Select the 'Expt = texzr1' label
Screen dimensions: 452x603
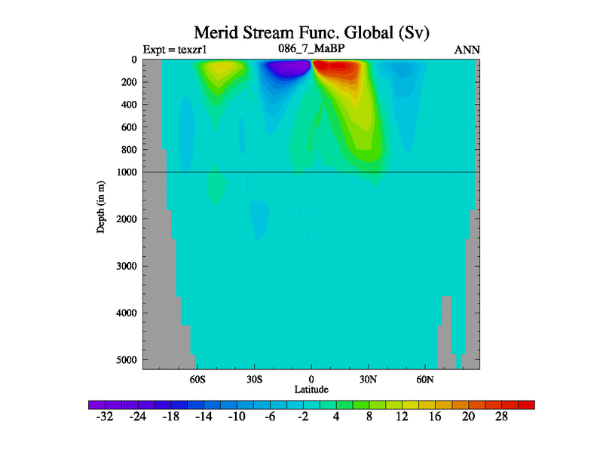(x=174, y=50)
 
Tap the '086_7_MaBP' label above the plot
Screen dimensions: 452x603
(x=311, y=50)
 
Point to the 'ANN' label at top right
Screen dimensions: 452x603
(x=467, y=50)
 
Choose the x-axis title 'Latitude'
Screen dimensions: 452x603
(x=311, y=389)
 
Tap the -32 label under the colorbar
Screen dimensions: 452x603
(x=105, y=417)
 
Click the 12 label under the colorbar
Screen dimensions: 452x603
(x=402, y=417)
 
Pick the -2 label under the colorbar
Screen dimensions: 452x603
(x=302, y=417)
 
